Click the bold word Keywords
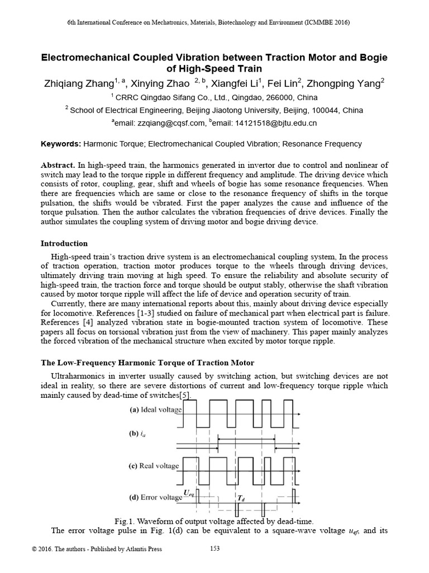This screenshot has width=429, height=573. pyautogui.click(x=61, y=144)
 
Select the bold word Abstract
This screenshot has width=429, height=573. pyautogui.click(x=59, y=166)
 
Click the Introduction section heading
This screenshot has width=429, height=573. pyautogui.click(x=64, y=243)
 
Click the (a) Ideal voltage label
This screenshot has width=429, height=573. pyautogui.click(x=156, y=410)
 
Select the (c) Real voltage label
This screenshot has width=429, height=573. pyautogui.click(x=155, y=466)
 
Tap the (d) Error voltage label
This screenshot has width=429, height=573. pyautogui.click(x=156, y=497)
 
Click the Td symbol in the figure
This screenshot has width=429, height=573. pyautogui.click(x=240, y=497)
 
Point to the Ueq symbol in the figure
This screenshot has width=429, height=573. pyautogui.click(x=190, y=492)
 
